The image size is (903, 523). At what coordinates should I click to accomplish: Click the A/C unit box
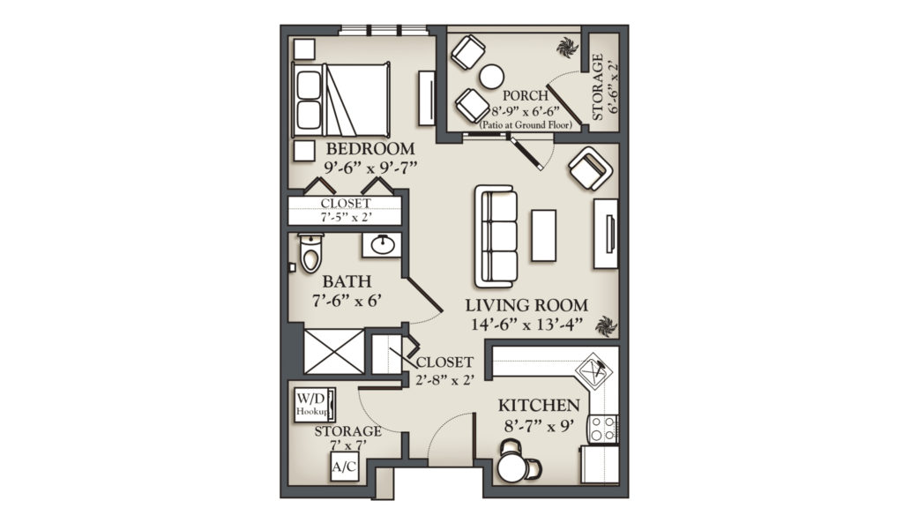coord(345,466)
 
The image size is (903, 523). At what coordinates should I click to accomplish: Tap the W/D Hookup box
coord(314,405)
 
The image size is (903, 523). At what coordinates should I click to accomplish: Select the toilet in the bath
coord(311,252)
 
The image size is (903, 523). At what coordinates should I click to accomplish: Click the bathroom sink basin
coord(382,245)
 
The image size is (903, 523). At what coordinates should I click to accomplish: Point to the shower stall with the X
coord(334,351)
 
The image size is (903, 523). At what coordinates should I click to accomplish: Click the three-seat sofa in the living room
coord(496,236)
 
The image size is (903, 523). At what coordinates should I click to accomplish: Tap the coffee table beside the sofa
coord(543,235)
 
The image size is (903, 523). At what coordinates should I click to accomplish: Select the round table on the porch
coord(492,77)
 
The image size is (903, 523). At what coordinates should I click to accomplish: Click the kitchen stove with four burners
coord(602,429)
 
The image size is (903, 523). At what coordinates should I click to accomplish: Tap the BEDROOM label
coord(370,148)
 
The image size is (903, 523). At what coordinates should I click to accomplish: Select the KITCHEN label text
coord(539,406)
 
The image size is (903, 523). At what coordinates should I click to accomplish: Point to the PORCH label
coord(525,95)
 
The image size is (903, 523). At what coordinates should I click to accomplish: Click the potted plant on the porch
coord(568,48)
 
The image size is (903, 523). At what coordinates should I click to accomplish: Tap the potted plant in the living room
coord(606,325)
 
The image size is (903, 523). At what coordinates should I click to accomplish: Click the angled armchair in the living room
coord(590,168)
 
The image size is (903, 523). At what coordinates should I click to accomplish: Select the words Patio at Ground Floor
coord(526,125)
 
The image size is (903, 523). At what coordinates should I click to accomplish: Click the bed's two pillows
coord(308,101)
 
